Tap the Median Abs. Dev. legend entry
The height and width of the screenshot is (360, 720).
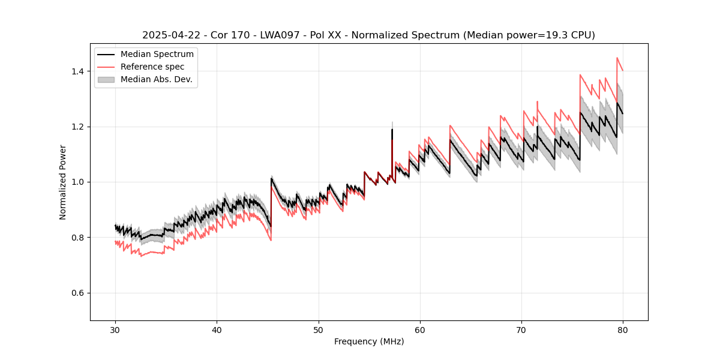[156, 79]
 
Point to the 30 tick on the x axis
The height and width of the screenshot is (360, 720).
[115, 330]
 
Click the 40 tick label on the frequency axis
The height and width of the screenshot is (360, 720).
[217, 330]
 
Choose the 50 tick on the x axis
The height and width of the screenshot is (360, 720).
[318, 330]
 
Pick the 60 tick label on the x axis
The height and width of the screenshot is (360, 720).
[420, 330]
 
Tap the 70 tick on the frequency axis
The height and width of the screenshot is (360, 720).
[521, 330]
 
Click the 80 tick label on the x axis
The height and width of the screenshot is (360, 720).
[623, 330]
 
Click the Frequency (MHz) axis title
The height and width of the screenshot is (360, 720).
[369, 341]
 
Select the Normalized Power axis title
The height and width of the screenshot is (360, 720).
[63, 182]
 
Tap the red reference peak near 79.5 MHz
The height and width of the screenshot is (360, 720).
[617, 58]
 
